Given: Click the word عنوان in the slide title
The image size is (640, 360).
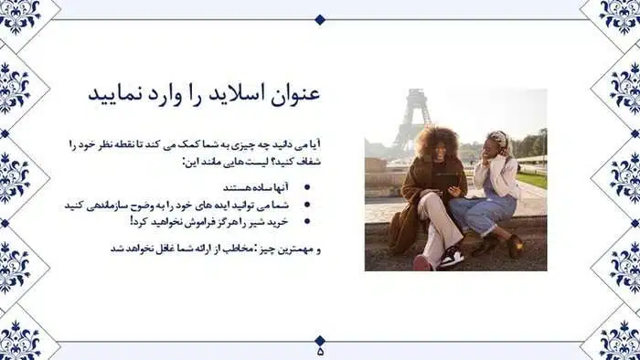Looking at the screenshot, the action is (294, 95).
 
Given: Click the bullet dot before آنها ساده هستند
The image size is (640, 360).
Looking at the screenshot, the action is (307, 187).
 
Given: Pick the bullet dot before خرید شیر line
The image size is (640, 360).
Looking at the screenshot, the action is (307, 221).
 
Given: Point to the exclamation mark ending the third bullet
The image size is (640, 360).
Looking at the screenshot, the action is (132, 220).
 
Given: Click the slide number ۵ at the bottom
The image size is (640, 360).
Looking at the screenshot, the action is (320, 352).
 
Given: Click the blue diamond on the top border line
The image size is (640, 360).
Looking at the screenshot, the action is (320, 19).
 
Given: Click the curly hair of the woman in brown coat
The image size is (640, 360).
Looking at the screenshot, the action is (437, 141).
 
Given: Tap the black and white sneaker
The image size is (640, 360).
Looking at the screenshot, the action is (451, 257).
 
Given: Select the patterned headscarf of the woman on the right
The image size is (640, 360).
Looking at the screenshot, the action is (498, 139).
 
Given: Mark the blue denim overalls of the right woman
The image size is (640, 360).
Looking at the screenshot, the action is (484, 212).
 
